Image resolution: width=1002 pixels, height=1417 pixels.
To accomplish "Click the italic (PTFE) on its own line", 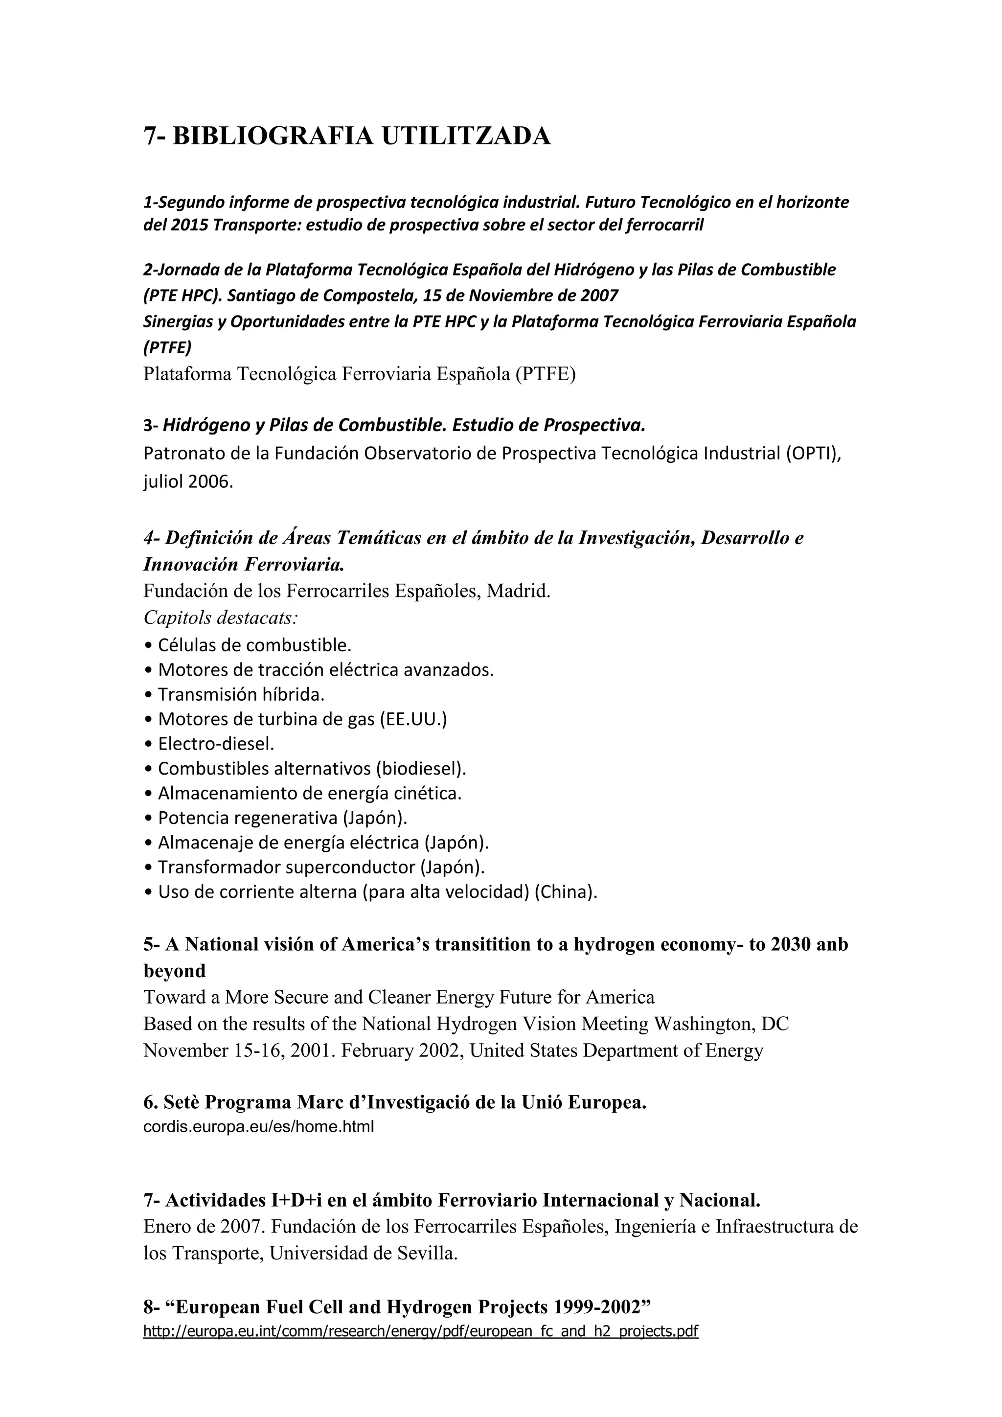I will pos(167,348).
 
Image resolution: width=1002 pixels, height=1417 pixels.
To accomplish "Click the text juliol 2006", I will pos(188,482).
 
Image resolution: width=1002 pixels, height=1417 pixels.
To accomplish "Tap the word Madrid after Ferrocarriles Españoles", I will pos(518,591).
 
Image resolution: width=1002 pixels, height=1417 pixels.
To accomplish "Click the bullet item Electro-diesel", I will pos(215,744).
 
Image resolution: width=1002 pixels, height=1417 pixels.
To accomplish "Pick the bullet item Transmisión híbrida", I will pos(241,695).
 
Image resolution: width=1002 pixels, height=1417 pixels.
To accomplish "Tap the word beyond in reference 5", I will pos(175,971).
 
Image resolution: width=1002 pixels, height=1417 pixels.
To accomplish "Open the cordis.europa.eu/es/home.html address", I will pos(258,1127).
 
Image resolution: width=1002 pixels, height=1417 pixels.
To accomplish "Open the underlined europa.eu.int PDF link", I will pos(420,1331).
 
